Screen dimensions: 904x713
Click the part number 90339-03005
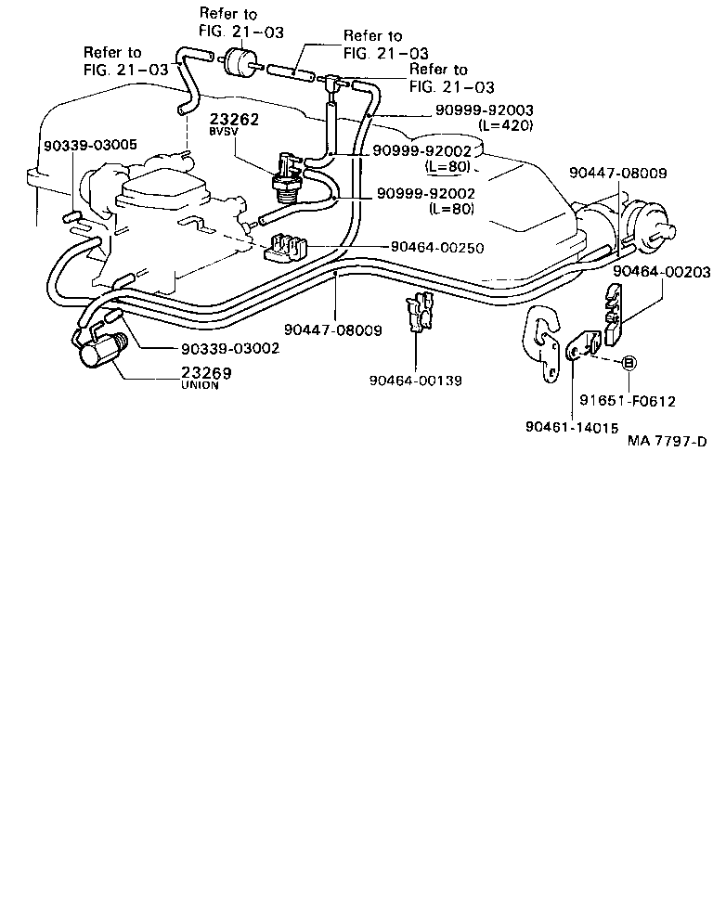pyautogui.click(x=90, y=145)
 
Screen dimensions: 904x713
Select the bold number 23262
pyautogui.click(x=233, y=121)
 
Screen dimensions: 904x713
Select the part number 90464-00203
pyautogui.click(x=661, y=272)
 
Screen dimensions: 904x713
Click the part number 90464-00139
pyautogui.click(x=415, y=380)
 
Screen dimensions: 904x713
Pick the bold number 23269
pyautogui.click(x=206, y=372)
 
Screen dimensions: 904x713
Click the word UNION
pyautogui.click(x=200, y=385)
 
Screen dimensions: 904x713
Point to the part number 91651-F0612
pyautogui.click(x=627, y=401)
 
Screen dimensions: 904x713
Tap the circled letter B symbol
pyautogui.click(x=628, y=363)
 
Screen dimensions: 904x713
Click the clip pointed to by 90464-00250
pyautogui.click(x=285, y=249)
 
